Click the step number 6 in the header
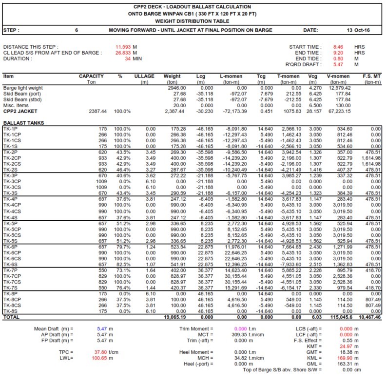tap(77, 30)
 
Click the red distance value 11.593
tap(122, 47)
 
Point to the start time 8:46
tap(338, 47)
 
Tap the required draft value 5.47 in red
tap(338, 64)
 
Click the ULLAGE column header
tap(145, 77)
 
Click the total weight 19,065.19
tap(170, 317)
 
